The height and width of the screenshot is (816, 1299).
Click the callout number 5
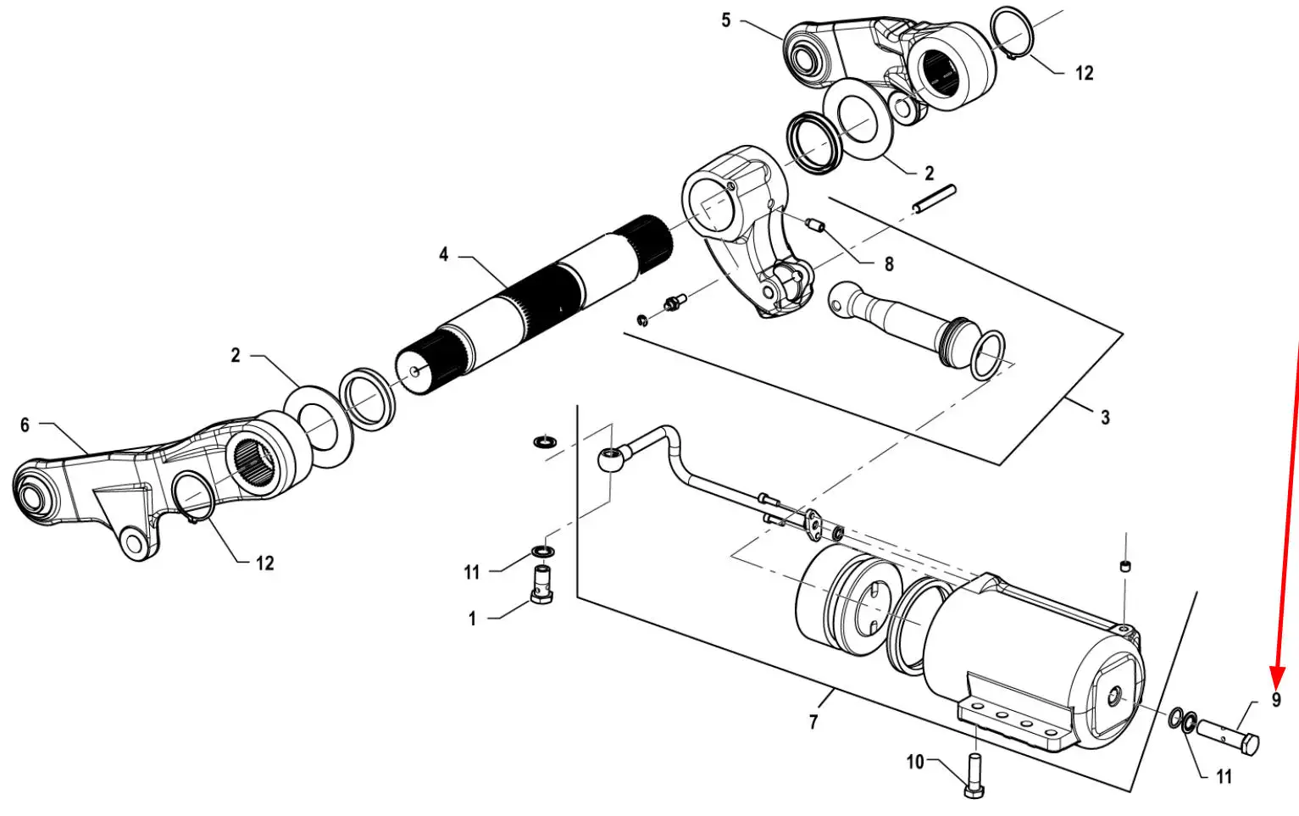[x=726, y=21]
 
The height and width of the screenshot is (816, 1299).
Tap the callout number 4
[x=444, y=254]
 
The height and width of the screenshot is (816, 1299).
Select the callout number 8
[x=889, y=264]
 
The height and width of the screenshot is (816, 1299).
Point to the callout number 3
[x=1105, y=418]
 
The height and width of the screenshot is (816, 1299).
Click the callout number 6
[x=25, y=425]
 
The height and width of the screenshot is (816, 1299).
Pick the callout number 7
[x=813, y=722]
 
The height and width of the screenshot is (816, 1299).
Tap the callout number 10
[x=915, y=762]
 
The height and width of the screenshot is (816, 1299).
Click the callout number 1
[x=472, y=619]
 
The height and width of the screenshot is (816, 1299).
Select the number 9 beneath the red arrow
[x=1276, y=699]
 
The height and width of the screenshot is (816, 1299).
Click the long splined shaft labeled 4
[x=534, y=305]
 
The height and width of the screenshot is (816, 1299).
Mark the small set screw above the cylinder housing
[x=1125, y=565]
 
